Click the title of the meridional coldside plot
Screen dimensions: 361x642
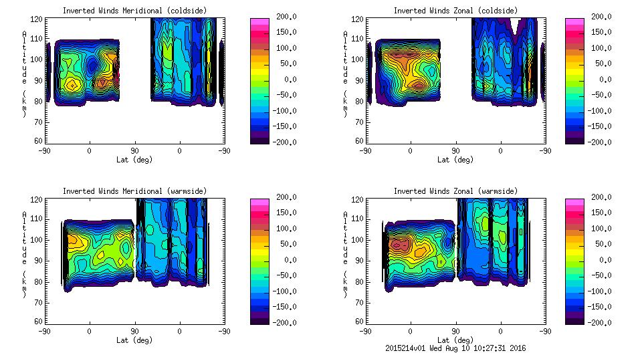[x=134, y=11]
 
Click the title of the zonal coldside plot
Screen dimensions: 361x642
[x=455, y=11]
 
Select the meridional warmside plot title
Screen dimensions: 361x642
[x=134, y=191]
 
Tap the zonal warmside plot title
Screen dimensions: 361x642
[x=455, y=191]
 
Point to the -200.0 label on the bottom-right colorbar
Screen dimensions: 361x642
[x=601, y=323]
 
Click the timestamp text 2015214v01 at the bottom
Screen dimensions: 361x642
[x=407, y=348]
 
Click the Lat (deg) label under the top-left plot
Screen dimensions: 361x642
[x=134, y=160]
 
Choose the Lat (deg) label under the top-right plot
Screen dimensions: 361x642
[x=455, y=160]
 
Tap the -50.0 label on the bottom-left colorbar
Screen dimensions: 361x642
[x=285, y=275]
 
